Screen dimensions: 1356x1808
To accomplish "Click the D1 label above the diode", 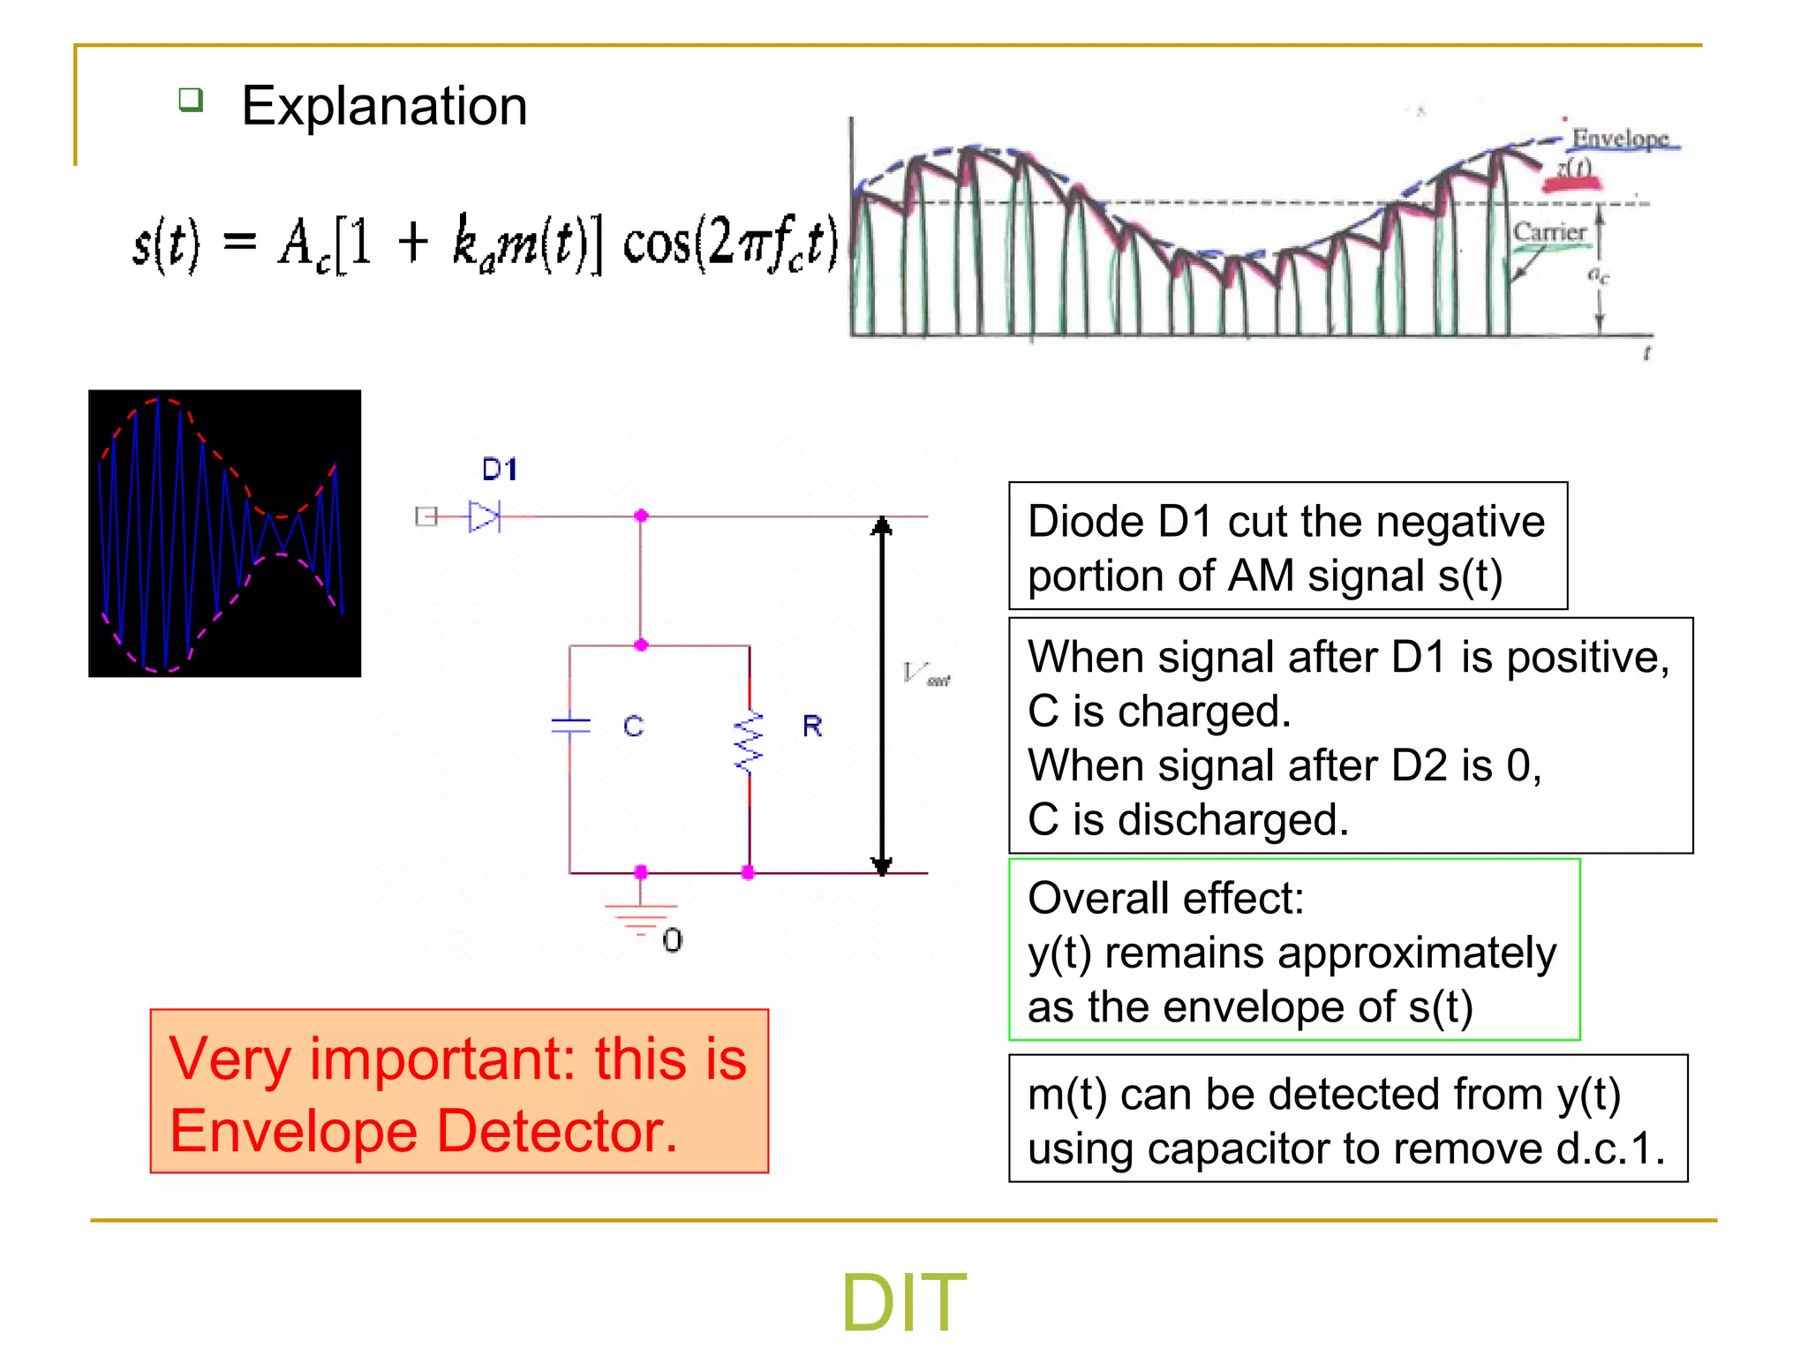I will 500,469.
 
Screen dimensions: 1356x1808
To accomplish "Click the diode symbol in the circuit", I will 484,516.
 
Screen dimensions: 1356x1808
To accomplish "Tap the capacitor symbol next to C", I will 570,726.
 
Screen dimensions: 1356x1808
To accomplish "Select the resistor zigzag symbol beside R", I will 750,742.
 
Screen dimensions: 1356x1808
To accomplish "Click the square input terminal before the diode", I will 426,516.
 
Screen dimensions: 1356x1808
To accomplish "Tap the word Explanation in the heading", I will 384,106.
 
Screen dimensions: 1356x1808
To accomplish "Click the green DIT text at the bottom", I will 903,1302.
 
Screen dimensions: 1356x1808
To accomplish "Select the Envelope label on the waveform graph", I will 1620,139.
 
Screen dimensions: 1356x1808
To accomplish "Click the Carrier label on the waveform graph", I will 1549,232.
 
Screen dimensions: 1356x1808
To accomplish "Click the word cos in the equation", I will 657,243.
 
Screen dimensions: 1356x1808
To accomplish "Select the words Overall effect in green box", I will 1165,898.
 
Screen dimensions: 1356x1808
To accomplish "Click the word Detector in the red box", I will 557,1131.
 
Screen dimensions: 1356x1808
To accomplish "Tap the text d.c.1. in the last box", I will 1609,1149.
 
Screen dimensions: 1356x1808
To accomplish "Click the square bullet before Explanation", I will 191,99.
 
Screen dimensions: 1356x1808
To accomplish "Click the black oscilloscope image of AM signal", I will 225,533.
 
